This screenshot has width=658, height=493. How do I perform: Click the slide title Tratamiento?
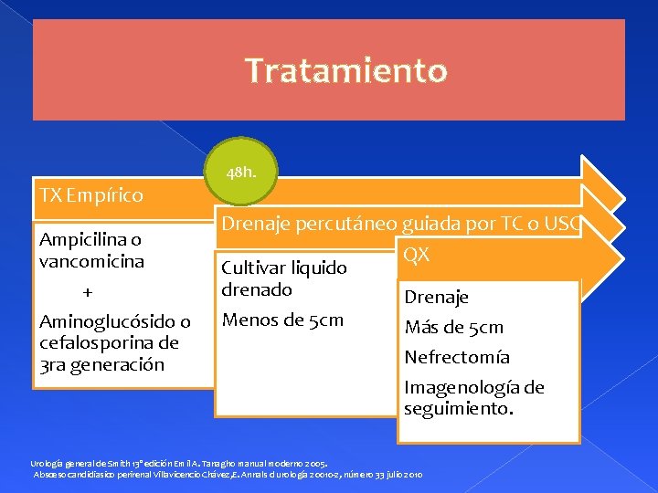coord(346,70)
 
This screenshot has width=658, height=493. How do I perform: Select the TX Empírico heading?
coord(91,195)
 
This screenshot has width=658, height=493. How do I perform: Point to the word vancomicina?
coord(91,261)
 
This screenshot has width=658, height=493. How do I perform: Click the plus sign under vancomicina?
coord(88,292)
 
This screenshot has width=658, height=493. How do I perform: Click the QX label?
coord(417,255)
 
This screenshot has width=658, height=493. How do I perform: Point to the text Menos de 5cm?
coord(283,320)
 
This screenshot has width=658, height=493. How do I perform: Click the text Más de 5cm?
coord(454,327)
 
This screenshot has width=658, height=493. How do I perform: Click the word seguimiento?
coord(459,408)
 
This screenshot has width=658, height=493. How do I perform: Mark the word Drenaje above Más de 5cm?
coord(437,297)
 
